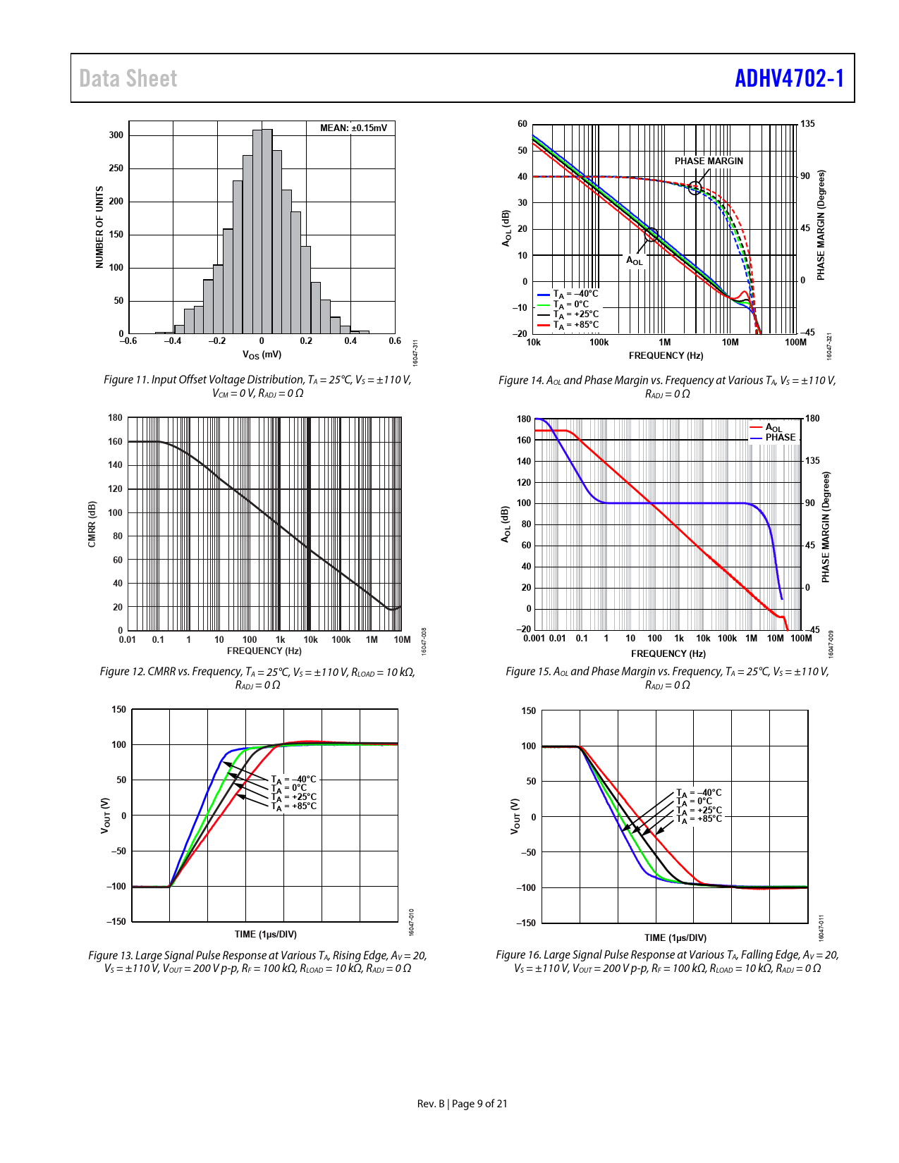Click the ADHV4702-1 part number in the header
click(789, 78)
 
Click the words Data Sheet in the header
click(128, 78)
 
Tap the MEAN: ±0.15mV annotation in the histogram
click(353, 128)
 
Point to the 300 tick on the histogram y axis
click(116, 135)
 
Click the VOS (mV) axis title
click(262, 355)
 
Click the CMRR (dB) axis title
click(92, 524)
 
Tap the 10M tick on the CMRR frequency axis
click(402, 640)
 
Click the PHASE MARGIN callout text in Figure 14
click(709, 161)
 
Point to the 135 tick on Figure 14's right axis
click(807, 124)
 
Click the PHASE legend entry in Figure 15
click(780, 438)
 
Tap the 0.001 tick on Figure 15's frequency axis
click(534, 639)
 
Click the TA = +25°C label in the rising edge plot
click(294, 797)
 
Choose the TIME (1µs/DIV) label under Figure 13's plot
click(266, 934)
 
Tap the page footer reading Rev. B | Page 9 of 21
click(462, 1104)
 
